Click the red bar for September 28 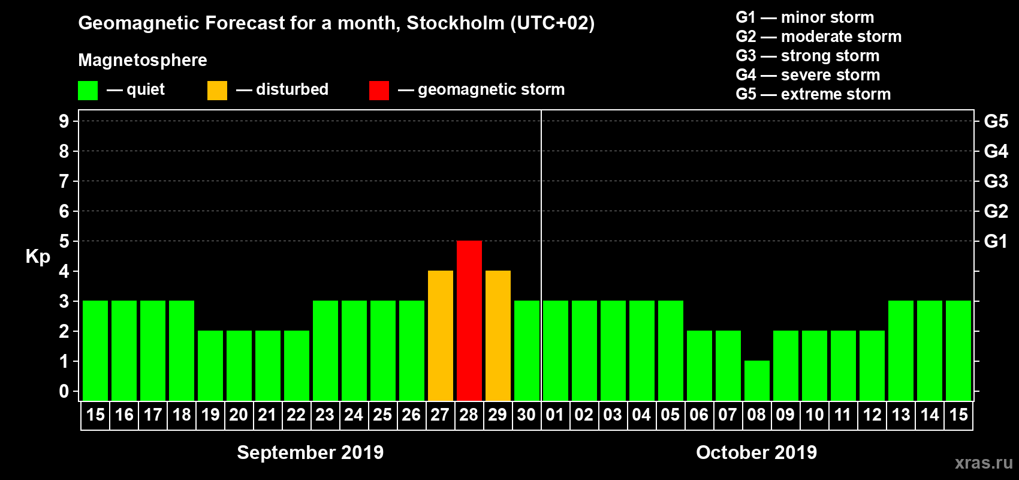(469, 320)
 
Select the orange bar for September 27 (440, 335)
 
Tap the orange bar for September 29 (498, 335)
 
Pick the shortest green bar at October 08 (756, 380)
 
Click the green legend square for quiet (88, 91)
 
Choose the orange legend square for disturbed (217, 91)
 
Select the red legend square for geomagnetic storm (379, 91)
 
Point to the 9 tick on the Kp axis (64, 121)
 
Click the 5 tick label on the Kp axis (64, 241)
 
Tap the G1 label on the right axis (996, 241)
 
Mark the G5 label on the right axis (996, 121)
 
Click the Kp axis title (38, 256)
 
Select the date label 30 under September (526, 415)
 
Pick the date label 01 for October (555, 415)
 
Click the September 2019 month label (310, 452)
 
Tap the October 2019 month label (756, 452)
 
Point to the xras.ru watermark (984, 463)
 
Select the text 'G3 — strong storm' (807, 56)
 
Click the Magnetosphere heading (143, 60)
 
